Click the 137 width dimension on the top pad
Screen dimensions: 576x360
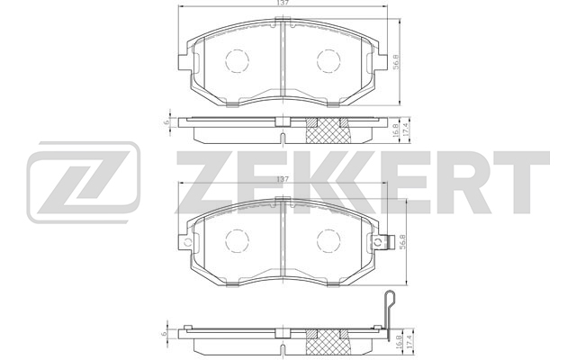tap(282, 3)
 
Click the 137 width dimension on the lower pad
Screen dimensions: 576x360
tap(282, 179)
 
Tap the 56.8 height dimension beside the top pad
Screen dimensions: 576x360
tap(396, 62)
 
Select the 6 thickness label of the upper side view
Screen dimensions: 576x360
tap(166, 122)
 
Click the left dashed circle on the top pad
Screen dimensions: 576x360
tap(237, 60)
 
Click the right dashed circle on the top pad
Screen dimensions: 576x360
tap(328, 60)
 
